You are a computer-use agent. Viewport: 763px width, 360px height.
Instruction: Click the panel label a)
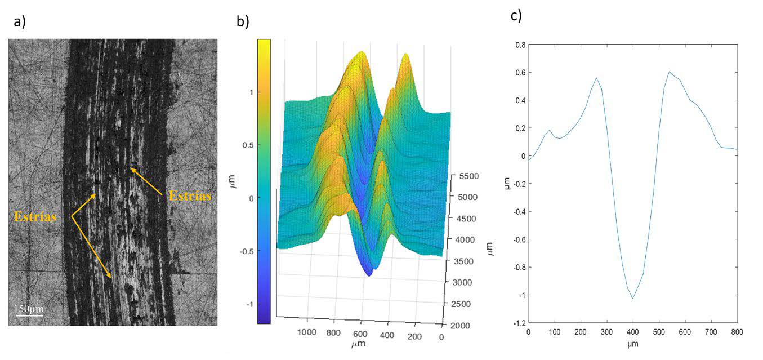(20, 22)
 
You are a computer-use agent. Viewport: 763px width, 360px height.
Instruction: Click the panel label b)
(243, 22)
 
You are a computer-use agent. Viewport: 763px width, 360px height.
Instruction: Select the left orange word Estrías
(35, 216)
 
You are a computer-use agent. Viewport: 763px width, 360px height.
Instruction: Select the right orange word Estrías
(190, 196)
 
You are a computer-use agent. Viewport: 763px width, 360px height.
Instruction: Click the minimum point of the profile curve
(633, 299)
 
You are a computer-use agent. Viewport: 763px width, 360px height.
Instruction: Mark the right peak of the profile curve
(669, 72)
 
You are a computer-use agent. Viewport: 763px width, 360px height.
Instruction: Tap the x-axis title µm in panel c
(632, 343)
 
